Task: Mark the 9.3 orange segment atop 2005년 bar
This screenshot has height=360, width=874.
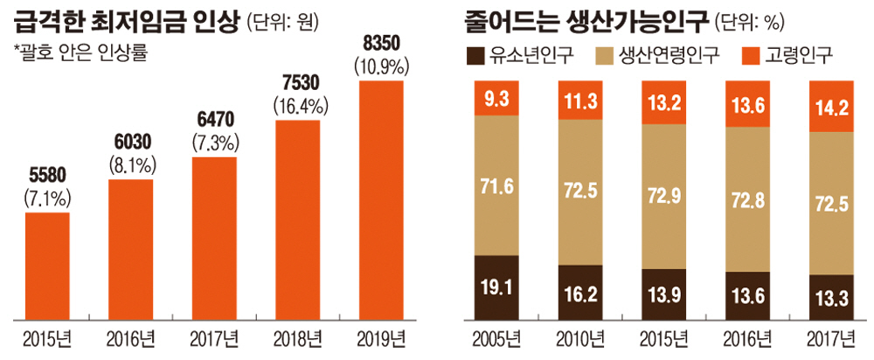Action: (x=497, y=98)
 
